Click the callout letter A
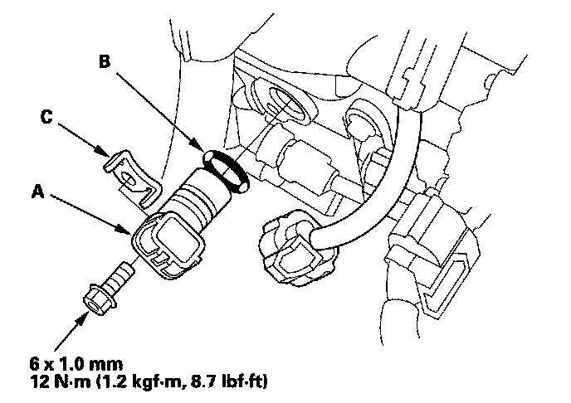click(x=38, y=190)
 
